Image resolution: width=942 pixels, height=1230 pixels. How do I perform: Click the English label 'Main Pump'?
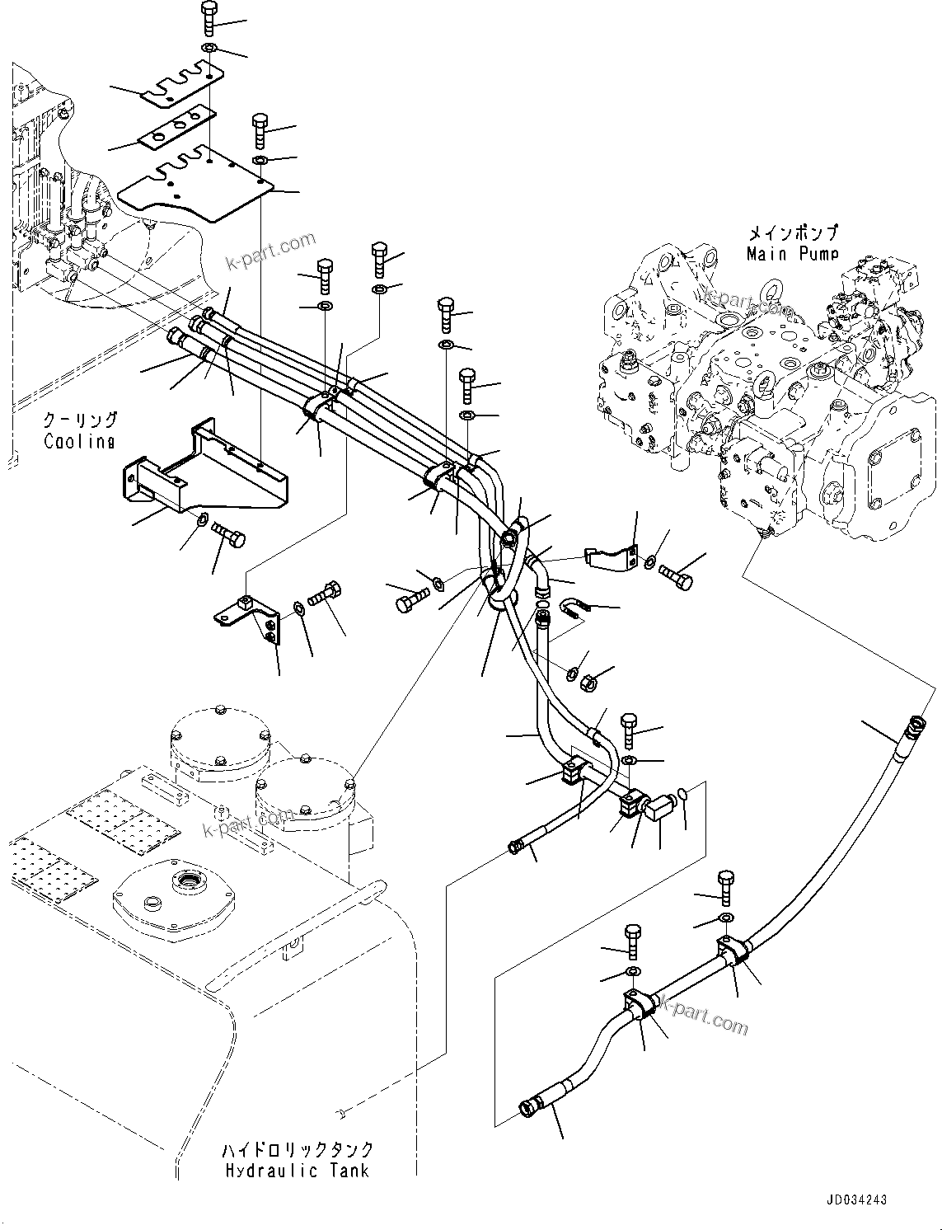(792, 254)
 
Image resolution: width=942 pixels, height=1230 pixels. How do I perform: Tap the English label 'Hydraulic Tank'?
(296, 1170)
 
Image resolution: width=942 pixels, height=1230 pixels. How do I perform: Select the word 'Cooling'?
(79, 441)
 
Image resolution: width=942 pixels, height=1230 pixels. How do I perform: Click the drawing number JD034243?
(852, 1200)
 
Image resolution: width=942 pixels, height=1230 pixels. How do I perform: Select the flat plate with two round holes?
(176, 128)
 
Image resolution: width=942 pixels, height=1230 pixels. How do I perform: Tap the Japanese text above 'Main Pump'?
(792, 233)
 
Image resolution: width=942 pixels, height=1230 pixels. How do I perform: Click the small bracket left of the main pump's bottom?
(611, 557)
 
